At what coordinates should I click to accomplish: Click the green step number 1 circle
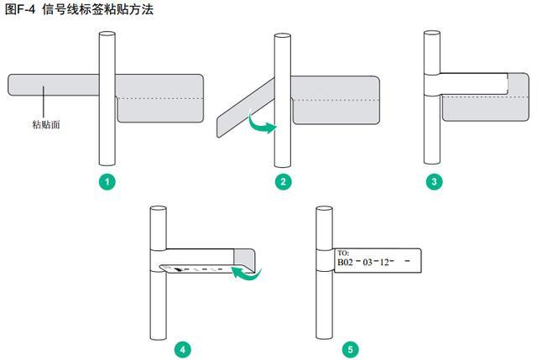[106, 180]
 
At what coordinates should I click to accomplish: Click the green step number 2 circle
[284, 180]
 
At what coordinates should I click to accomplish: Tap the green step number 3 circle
[432, 180]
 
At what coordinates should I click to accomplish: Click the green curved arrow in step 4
[247, 273]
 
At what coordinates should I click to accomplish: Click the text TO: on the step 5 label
[342, 252]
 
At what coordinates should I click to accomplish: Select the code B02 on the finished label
[345, 262]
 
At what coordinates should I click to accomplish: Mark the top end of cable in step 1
[106, 35]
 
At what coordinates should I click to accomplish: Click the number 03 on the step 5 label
[368, 262]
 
